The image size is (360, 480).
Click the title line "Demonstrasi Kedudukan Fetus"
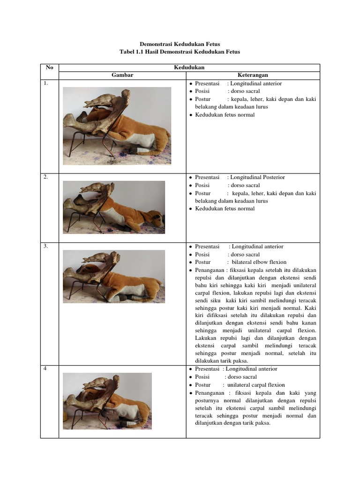pyautogui.click(x=180, y=44)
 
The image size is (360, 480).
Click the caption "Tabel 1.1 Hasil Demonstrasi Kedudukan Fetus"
pyautogui.click(x=180, y=52)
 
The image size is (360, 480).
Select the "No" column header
pyautogui.click(x=49, y=67)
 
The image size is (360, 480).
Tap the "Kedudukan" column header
pyautogui.click(x=189, y=67)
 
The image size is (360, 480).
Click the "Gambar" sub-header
pyautogui.click(x=122, y=75)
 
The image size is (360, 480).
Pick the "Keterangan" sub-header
pyautogui.click(x=253, y=75)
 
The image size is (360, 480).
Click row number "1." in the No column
pyautogui.click(x=46, y=83)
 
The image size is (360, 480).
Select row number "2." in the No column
pyautogui.click(x=46, y=177)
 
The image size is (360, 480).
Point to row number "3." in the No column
pyautogui.click(x=46, y=247)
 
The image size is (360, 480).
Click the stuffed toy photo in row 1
pyautogui.click(x=117, y=126)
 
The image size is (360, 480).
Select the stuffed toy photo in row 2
pyautogui.click(x=114, y=207)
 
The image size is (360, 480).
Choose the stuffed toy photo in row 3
pyautogui.click(x=114, y=276)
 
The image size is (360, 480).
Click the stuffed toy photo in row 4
pyautogui.click(x=107, y=401)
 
